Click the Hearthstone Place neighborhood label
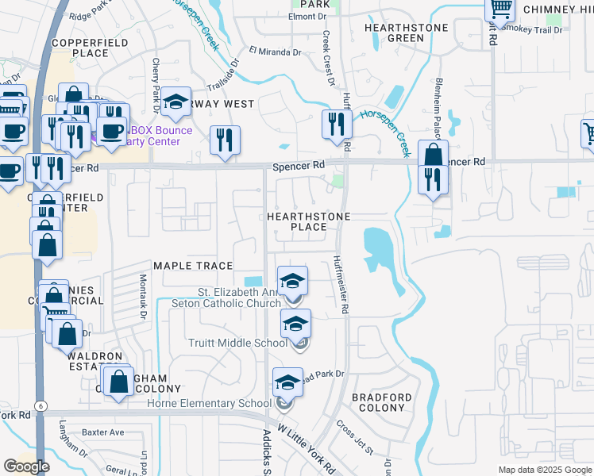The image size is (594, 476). tap(308, 221)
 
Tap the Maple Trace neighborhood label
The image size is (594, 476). tap(193, 266)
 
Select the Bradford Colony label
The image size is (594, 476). tap(382, 402)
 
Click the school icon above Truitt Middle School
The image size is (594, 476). tap(295, 324)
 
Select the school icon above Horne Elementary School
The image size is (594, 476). tap(287, 383)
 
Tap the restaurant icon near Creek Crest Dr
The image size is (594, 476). tap(337, 124)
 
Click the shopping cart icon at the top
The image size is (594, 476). tap(500, 9)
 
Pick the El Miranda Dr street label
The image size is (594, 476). tap(275, 52)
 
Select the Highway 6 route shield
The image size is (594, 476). tap(39, 405)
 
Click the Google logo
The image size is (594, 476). tap(26, 466)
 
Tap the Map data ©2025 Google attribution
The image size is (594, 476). tap(544, 470)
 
